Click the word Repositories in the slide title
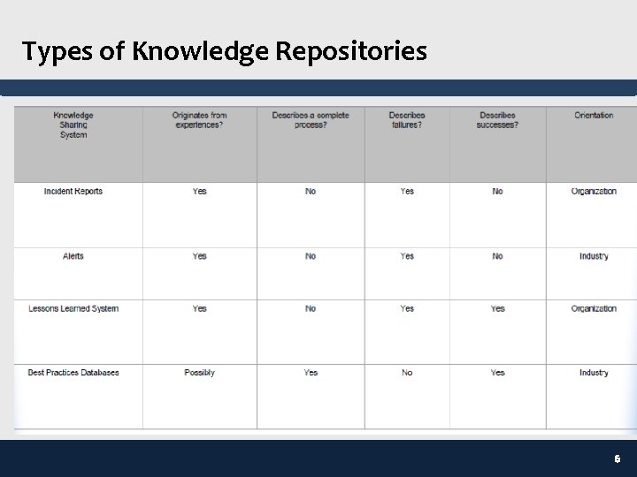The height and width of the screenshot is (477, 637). coord(351,52)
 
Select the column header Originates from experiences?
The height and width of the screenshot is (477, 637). coord(199,120)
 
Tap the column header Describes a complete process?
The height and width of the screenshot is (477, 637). coord(311,120)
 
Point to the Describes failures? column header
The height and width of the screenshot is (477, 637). coord(407,120)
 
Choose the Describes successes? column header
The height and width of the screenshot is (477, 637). coord(497,120)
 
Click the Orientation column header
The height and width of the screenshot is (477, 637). coord(594,115)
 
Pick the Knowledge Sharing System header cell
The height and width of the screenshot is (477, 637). coord(73,125)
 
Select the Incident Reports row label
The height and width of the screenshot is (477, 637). coord(73,192)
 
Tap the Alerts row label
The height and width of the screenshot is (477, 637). coord(73,256)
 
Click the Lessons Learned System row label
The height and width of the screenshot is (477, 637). coord(73,309)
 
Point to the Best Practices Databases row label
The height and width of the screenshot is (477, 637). coord(73,373)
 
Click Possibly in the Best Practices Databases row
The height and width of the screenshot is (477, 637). coord(199,373)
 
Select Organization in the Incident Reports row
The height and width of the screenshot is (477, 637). coord(594,192)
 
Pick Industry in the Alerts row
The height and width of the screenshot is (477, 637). coord(594,256)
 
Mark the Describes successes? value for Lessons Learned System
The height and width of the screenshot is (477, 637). coord(497,309)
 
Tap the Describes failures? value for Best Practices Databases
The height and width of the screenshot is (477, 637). coord(407,373)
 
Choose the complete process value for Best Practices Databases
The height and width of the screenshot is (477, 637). coord(311,373)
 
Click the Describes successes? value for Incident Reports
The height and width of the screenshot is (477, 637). coord(497,192)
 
